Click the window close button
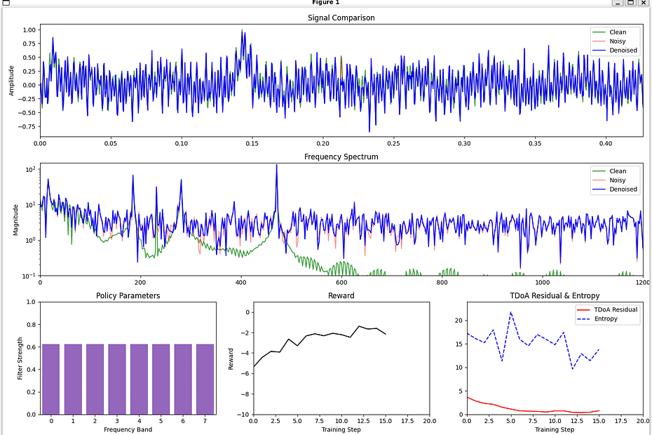(643, 3)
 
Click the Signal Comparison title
(341, 18)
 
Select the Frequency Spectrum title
(341, 156)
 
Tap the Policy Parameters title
(128, 295)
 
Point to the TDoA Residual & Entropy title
(555, 295)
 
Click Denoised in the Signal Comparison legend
(623, 51)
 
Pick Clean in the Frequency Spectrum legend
(618, 171)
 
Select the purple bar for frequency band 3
(117, 379)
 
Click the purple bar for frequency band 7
(205, 379)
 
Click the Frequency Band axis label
(128, 429)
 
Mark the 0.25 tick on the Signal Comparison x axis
(394, 142)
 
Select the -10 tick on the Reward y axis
(243, 415)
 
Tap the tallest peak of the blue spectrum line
(276, 165)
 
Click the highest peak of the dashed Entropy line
(511, 312)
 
